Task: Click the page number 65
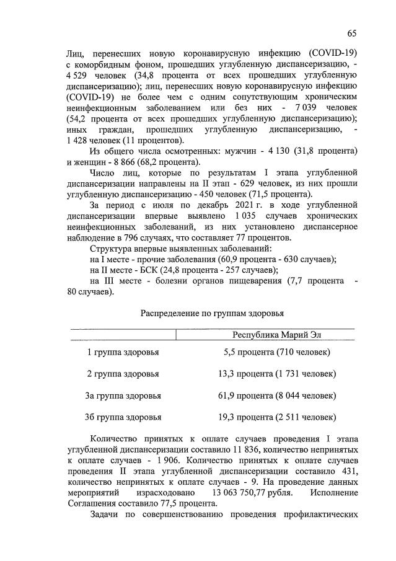coord(351,33)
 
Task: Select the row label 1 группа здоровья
coord(122,353)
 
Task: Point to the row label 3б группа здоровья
coord(122,417)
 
